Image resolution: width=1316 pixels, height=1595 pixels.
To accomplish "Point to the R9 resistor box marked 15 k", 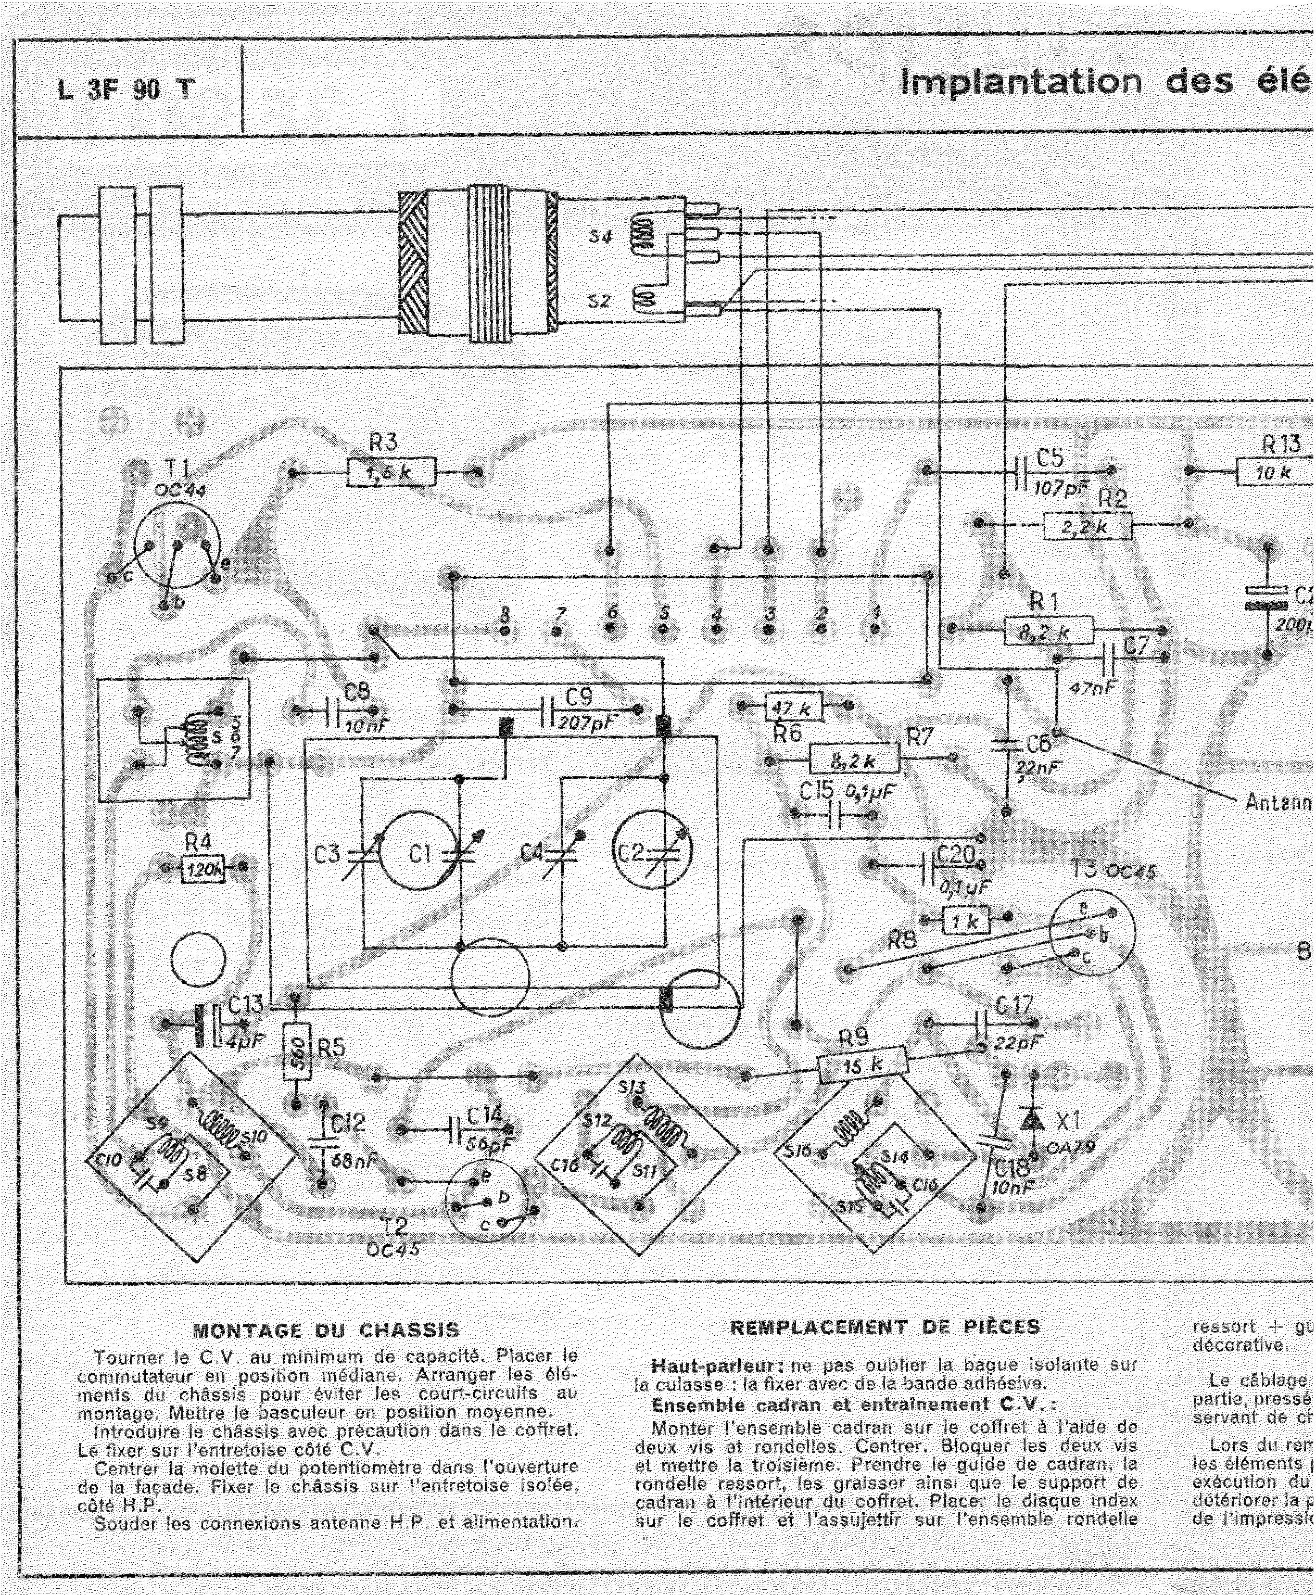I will click(863, 1065).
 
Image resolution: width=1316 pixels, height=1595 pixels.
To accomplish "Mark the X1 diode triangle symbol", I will click(1030, 1118).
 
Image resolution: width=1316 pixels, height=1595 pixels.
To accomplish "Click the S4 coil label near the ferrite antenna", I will click(600, 237).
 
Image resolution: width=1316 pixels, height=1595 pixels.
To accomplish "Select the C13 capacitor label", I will click(246, 1005).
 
